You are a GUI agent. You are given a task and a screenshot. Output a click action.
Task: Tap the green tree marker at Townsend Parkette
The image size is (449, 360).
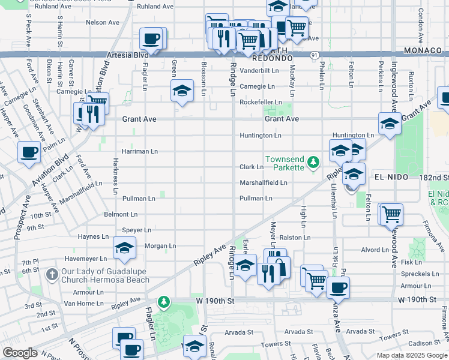pos(312,162)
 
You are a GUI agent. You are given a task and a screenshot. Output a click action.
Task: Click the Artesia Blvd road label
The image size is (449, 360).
pos(127,55)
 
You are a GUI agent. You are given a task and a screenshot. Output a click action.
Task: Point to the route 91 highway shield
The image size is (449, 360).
pos(315,55)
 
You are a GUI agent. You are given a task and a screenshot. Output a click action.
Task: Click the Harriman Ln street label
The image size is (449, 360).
pos(140,151)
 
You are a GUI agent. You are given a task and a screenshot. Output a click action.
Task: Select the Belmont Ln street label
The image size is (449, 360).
pos(121,214)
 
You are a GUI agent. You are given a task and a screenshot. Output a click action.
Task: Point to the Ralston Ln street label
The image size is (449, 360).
pos(295,238)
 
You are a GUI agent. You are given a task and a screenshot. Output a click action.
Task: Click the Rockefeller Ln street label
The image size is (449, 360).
pos(261,102)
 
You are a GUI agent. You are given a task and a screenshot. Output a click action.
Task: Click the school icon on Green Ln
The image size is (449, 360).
pos(182,91)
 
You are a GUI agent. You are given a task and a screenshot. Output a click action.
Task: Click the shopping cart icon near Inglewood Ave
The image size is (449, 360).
pos(391,214)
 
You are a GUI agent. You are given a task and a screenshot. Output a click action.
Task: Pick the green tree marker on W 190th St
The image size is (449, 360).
pos(163,301)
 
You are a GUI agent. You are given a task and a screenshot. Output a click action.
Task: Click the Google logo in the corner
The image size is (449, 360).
pos(20,352)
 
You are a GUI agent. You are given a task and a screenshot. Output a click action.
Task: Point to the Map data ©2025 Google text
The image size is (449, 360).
pos(411,355)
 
